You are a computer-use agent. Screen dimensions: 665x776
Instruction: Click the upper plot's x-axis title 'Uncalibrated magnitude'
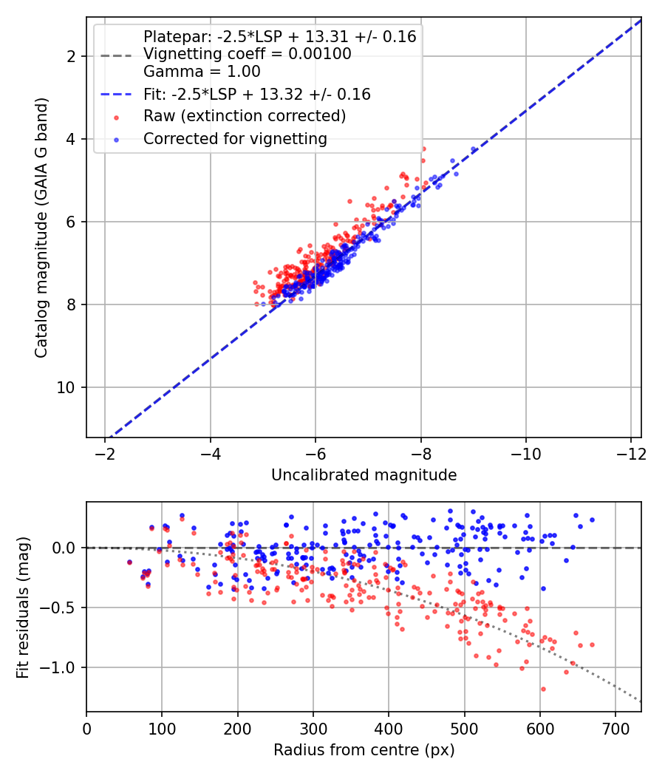point(364,475)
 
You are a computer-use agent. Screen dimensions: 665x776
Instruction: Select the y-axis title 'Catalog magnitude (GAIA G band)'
point(41,228)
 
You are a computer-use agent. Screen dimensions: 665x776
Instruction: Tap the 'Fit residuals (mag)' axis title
point(23,607)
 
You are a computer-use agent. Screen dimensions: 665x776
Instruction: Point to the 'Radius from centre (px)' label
point(364,750)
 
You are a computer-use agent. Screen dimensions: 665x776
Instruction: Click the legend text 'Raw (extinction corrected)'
point(245,116)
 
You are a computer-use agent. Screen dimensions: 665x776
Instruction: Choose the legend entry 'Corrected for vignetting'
point(235,139)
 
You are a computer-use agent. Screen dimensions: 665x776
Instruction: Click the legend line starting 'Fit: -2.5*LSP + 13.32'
point(257,94)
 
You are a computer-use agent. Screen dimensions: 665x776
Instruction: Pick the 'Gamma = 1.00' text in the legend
point(202,72)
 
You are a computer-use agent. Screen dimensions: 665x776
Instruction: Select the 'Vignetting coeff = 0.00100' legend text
point(248,54)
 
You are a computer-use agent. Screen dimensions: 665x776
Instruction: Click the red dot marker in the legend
point(116,118)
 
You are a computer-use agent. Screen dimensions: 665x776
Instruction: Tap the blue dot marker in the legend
point(116,140)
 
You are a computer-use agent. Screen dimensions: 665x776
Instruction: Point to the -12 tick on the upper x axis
point(631,454)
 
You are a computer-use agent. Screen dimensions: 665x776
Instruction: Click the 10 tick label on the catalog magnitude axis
point(66,387)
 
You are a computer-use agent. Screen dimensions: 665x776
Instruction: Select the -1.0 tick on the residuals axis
point(61,667)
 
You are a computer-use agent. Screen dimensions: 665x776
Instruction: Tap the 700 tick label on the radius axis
point(615,729)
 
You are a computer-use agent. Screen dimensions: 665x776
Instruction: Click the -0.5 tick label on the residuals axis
point(61,607)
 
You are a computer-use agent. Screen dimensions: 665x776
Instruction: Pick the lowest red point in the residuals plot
point(543,689)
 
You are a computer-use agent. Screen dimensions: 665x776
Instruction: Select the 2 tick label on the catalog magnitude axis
point(72,56)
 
